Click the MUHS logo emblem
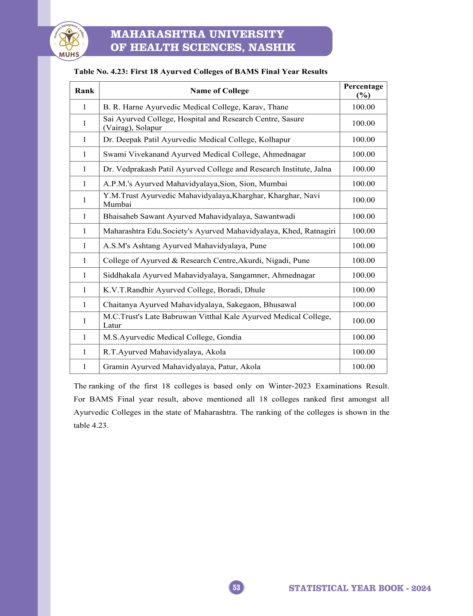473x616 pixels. click(x=69, y=41)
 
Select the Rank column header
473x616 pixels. click(x=84, y=91)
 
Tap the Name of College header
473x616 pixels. click(x=219, y=91)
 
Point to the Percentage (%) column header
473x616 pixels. click(x=363, y=91)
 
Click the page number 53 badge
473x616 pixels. click(x=236, y=588)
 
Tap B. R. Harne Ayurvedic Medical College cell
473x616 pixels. click(x=196, y=107)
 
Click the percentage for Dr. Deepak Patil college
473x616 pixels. click(x=363, y=140)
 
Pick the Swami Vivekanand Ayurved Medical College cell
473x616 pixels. click(x=204, y=154)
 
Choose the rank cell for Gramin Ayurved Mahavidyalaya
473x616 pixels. click(x=84, y=367)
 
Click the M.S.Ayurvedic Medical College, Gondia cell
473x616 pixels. click(x=172, y=337)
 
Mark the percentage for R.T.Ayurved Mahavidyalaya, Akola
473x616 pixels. click(x=363, y=352)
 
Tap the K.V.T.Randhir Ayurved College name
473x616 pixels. click(x=184, y=290)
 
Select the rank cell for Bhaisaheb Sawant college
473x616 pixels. click(x=84, y=216)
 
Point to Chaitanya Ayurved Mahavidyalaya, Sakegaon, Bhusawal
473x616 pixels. click(x=200, y=305)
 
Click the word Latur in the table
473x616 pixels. click(x=112, y=325)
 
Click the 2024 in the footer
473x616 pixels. click(x=421, y=588)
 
